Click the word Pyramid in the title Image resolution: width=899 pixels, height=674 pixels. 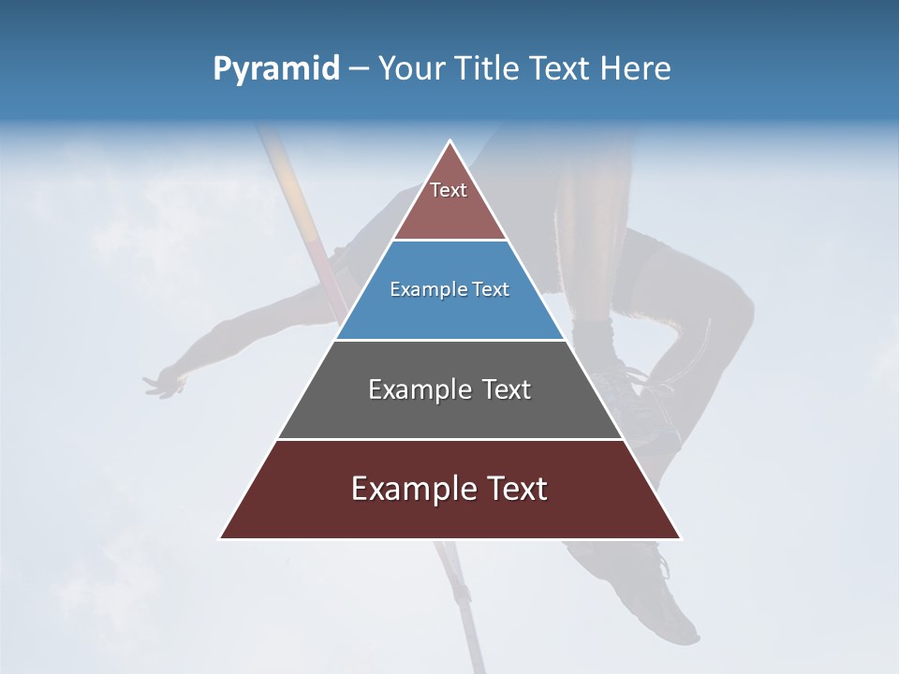click(275, 68)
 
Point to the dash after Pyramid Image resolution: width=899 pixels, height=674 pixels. click(358, 69)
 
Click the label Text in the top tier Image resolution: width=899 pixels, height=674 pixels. click(449, 190)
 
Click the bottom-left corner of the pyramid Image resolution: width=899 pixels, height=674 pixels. click(221, 538)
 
